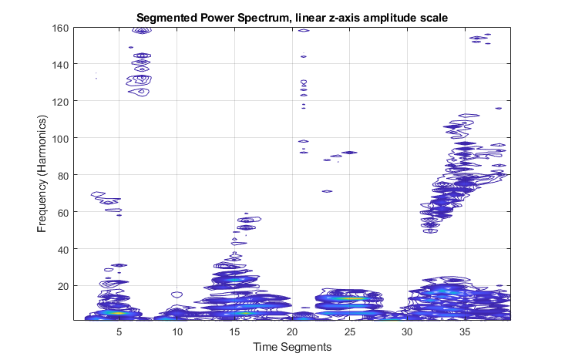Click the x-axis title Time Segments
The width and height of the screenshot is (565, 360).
click(x=292, y=347)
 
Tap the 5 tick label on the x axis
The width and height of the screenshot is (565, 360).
click(x=119, y=331)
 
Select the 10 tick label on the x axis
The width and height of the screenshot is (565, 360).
click(x=177, y=331)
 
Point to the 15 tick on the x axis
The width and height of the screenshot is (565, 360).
click(x=235, y=331)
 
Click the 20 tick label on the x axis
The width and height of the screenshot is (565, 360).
click(x=292, y=331)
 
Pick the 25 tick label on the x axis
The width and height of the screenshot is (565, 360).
click(x=350, y=331)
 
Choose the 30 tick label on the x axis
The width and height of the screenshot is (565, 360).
click(x=408, y=331)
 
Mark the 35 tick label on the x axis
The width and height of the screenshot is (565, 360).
click(x=465, y=331)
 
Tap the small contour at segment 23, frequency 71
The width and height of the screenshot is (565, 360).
click(x=327, y=191)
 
